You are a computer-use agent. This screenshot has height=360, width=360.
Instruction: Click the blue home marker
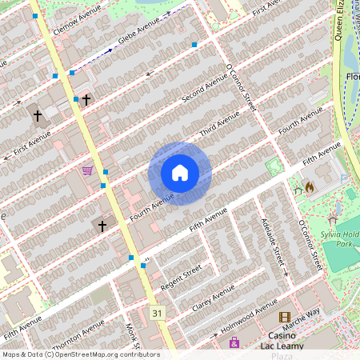pos(180,173)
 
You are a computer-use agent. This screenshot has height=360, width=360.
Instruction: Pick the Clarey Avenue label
pos(214,298)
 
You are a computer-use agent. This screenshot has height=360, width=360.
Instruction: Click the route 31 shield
pos(157,313)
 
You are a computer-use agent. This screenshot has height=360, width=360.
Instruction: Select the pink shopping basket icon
pos(87,170)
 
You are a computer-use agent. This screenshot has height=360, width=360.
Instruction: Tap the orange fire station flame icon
pos(310,187)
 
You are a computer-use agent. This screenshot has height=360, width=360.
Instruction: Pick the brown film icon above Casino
pos(284,318)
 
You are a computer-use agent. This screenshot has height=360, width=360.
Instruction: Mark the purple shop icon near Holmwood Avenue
pos(234,342)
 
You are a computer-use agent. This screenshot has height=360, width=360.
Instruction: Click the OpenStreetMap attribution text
pos(80,354)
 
